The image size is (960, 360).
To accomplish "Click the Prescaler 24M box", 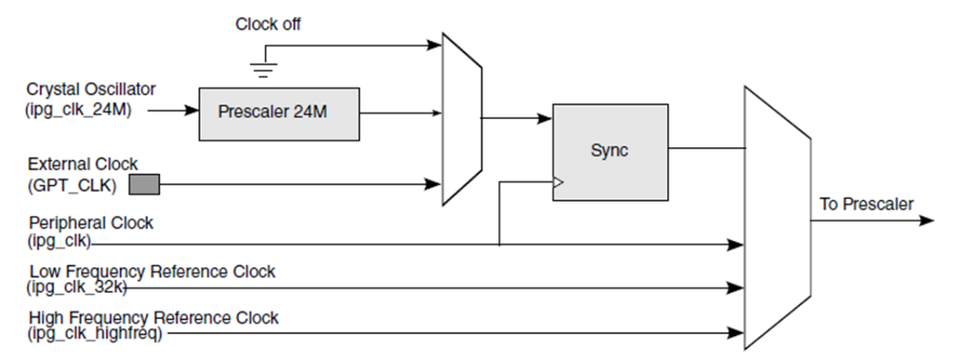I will point(278,112).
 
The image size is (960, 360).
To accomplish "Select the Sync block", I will point(609,151).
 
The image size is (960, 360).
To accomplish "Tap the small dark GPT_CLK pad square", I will point(145,183).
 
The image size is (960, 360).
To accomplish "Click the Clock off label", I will point(267,25).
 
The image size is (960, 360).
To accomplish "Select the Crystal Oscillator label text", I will point(91,89).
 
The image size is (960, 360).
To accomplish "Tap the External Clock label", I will point(83,163).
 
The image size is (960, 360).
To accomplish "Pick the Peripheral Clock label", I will point(91,223).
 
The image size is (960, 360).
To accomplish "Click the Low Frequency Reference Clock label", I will point(152,271).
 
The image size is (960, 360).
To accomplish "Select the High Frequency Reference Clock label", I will point(154,317).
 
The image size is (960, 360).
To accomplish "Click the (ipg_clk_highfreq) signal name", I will point(95,333).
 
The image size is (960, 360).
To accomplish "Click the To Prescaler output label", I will point(866,204).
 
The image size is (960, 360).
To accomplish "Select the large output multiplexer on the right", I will point(776,218).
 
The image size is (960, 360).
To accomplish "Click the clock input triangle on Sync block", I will point(557,181).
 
